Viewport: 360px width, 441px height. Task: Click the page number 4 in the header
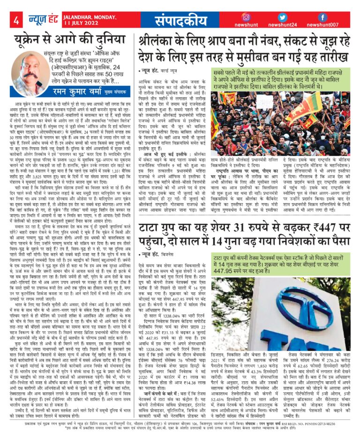(16, 20)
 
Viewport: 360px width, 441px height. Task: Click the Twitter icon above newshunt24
(282, 17)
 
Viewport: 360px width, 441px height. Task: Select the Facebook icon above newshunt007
(323, 17)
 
